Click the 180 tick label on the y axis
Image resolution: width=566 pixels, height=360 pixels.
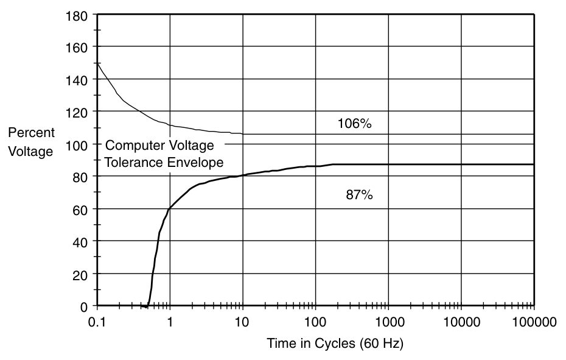click(x=80, y=15)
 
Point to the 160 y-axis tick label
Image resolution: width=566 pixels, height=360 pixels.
click(x=80, y=47)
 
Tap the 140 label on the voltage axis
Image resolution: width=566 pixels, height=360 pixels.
click(x=80, y=79)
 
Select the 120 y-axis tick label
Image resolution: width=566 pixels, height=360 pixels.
click(x=80, y=111)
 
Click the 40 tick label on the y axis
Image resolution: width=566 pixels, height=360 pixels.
click(x=83, y=241)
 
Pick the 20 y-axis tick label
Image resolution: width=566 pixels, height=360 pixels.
click(x=83, y=274)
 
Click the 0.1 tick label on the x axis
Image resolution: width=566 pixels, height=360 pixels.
click(x=96, y=322)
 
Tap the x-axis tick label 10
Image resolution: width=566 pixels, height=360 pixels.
click(x=242, y=322)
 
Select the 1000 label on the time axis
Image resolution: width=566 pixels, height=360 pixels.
click(x=388, y=322)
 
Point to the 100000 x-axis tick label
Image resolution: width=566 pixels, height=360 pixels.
click(x=534, y=322)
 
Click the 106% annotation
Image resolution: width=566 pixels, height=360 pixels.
click(x=354, y=124)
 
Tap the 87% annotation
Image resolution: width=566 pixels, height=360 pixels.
click(x=359, y=196)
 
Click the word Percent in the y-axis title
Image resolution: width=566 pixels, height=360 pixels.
click(x=31, y=133)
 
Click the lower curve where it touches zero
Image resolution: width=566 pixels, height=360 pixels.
click(x=148, y=305)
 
